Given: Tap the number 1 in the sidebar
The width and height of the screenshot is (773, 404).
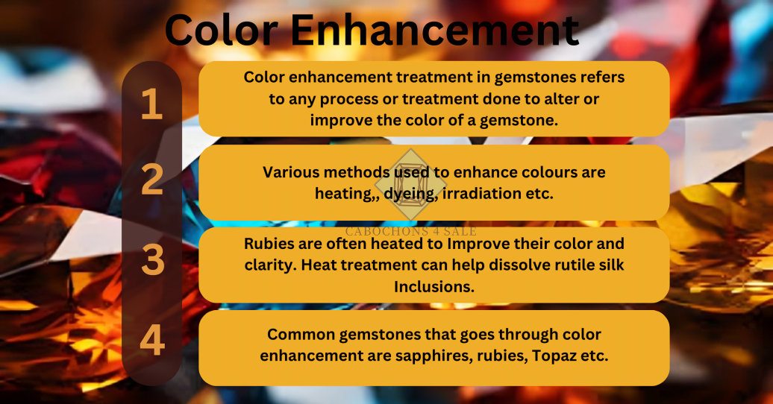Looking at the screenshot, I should [x=151, y=104].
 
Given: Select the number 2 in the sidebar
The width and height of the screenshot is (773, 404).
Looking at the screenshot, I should [x=151, y=180].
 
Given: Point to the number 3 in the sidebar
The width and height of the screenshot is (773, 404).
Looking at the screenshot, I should [x=151, y=259].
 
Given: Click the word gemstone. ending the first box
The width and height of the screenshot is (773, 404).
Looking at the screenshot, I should [x=522, y=120].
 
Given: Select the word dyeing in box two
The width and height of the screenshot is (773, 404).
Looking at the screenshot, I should [x=404, y=193].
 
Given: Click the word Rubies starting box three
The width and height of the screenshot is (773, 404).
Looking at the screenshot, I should [x=268, y=244].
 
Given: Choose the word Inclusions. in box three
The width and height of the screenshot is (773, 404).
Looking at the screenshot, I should [x=434, y=285].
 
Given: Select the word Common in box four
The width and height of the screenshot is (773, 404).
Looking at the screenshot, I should [x=296, y=335].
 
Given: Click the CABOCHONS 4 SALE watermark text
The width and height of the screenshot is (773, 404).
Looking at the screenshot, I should [x=411, y=230].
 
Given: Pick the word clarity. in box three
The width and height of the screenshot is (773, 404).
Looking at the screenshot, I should [x=270, y=264].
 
